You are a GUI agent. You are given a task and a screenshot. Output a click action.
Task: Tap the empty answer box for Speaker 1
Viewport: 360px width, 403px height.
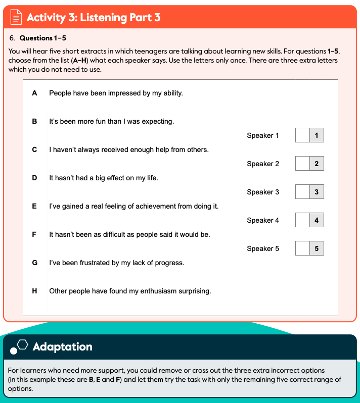(x=302, y=135)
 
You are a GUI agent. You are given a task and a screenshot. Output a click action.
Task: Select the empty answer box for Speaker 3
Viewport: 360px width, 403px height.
(x=302, y=192)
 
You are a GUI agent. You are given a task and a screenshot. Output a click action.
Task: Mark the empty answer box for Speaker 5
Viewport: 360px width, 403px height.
(x=302, y=248)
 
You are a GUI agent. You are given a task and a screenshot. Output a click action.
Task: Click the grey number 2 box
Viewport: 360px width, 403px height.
(x=317, y=164)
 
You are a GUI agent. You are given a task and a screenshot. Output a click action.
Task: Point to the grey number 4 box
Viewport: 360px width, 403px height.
(x=317, y=220)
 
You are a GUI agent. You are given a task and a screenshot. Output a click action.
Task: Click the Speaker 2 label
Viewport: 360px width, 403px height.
(x=263, y=164)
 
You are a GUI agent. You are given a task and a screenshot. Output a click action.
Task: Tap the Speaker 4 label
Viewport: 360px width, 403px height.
(x=263, y=220)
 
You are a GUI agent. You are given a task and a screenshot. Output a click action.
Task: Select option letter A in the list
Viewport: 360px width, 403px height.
(x=34, y=93)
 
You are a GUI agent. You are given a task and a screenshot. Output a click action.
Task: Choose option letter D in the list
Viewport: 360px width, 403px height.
(x=34, y=178)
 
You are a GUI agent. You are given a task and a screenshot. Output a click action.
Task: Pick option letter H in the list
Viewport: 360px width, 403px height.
(x=34, y=291)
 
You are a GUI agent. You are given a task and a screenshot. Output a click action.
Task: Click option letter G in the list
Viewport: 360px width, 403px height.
(x=34, y=263)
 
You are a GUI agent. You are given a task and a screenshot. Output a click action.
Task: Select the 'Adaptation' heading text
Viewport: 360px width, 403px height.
(x=62, y=347)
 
